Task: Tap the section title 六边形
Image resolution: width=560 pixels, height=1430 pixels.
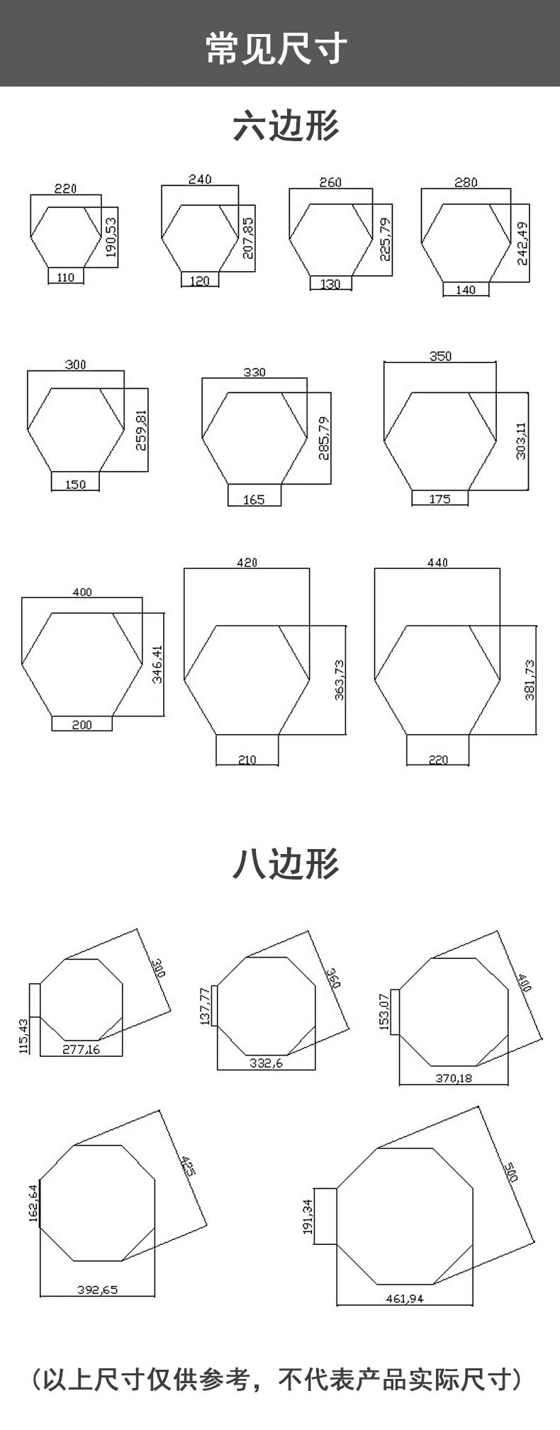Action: point(286,126)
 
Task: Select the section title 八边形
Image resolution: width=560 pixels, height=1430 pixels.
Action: point(286,863)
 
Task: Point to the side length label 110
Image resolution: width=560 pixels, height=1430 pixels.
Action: point(65,278)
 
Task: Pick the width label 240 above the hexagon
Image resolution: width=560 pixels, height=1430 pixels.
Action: point(200,179)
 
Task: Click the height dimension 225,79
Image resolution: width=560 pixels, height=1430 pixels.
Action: point(386,239)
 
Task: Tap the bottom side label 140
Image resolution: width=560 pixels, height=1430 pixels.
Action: point(465,290)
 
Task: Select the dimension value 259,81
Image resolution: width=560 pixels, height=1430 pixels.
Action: point(141,430)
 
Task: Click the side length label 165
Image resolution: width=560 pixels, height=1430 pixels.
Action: point(253,499)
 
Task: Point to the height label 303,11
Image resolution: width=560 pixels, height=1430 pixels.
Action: point(522,440)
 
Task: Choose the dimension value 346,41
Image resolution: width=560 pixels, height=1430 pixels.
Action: point(157,664)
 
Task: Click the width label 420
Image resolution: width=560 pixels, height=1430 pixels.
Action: point(247,562)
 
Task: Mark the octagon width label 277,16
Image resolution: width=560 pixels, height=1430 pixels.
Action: point(81,1050)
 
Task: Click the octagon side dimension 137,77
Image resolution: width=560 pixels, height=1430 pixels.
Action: point(206,1006)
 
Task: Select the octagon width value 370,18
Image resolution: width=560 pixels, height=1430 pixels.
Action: point(454,1078)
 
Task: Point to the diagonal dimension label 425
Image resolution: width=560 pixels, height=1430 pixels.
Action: point(187,1166)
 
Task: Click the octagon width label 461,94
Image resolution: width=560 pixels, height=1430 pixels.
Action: point(404,1299)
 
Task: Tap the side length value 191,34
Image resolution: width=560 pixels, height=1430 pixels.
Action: point(308,1216)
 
